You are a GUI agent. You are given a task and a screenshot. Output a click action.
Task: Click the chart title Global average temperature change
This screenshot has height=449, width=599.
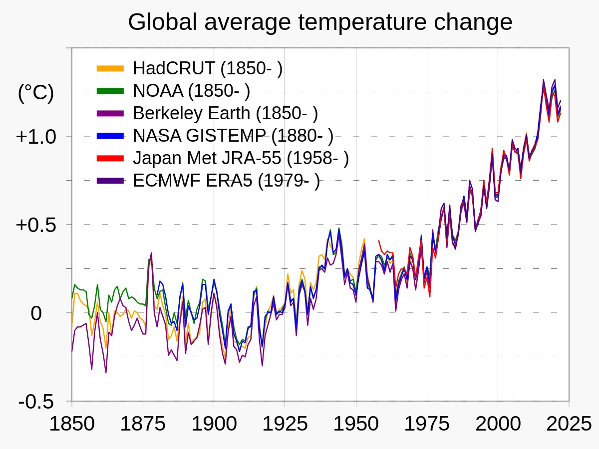[x=320, y=22]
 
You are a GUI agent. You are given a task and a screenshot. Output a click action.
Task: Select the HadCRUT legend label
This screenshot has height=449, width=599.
[x=208, y=69]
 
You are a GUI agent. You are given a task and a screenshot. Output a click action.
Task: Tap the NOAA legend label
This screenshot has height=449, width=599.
[x=192, y=91]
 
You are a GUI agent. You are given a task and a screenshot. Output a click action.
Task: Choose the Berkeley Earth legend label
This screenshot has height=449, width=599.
[x=225, y=113]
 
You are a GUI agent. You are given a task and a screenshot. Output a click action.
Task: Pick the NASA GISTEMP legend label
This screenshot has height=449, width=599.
[x=233, y=136]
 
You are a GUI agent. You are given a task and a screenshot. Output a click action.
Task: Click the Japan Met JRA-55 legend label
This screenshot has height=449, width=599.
[x=241, y=158]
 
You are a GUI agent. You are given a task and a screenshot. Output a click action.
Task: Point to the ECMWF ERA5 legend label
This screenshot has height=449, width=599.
[x=226, y=181]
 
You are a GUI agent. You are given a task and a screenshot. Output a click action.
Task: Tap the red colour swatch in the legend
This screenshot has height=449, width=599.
[x=110, y=158]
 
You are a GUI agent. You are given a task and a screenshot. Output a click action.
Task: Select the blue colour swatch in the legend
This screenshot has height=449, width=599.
[x=110, y=136]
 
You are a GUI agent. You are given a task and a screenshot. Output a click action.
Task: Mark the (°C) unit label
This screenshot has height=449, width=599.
[x=35, y=93]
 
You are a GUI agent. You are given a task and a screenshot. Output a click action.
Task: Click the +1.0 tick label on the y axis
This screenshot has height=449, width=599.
[x=36, y=136]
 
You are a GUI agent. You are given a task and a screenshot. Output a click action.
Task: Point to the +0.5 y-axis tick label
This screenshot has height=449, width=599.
[x=36, y=224]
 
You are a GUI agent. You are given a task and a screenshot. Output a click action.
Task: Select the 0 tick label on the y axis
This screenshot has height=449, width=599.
[x=36, y=313]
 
